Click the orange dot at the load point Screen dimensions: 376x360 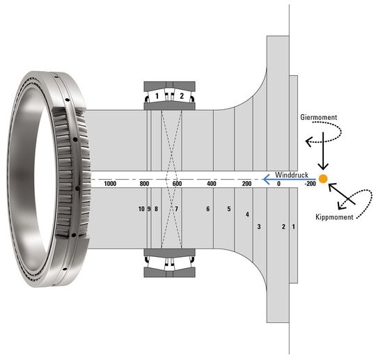point(323,179)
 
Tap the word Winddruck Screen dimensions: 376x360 point(292,175)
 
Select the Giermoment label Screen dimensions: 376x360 point(318,117)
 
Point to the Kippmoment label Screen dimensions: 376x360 point(334,217)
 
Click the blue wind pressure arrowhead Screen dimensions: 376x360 point(266,179)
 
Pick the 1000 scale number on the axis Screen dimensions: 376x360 point(110,184)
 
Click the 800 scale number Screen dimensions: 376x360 point(144,184)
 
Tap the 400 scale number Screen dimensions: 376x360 point(212,184)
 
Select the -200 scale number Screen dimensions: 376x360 point(310,184)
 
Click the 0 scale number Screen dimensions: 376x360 point(279,184)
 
